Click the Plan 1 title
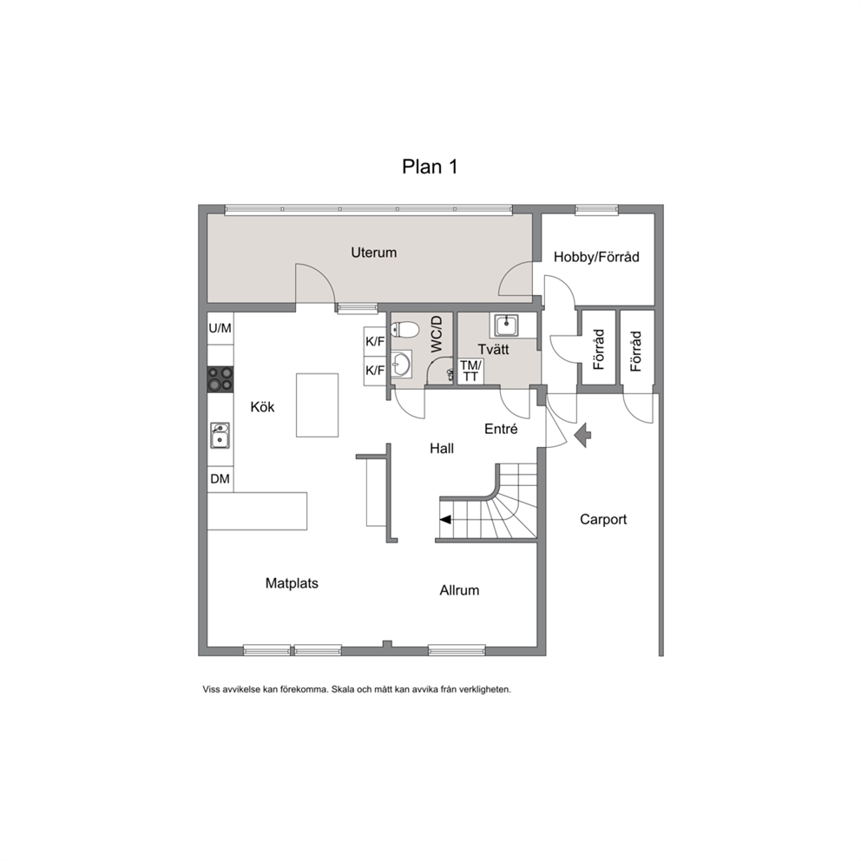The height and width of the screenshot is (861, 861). (430, 167)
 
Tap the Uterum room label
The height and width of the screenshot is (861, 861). (373, 253)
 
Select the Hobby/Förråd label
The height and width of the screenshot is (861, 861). (596, 257)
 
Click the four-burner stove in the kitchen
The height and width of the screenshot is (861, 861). (220, 379)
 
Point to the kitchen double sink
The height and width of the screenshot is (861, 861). (220, 436)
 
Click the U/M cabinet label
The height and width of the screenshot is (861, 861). (220, 328)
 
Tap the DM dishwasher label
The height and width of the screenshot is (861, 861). (220, 479)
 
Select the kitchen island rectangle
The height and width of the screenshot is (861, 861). (317, 405)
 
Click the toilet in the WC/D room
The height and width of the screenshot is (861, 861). (404, 330)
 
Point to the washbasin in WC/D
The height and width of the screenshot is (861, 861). (400, 364)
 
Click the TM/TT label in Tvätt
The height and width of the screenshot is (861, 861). (470, 371)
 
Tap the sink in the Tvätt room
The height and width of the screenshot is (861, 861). (505, 325)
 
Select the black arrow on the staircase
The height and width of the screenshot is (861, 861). (445, 519)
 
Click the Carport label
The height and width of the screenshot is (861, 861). (603, 519)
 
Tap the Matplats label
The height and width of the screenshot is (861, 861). (292, 583)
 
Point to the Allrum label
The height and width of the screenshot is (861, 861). (459, 590)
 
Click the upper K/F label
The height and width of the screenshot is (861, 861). (375, 342)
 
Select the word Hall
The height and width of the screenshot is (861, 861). (442, 449)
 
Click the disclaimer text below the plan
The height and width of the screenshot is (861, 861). (357, 689)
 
